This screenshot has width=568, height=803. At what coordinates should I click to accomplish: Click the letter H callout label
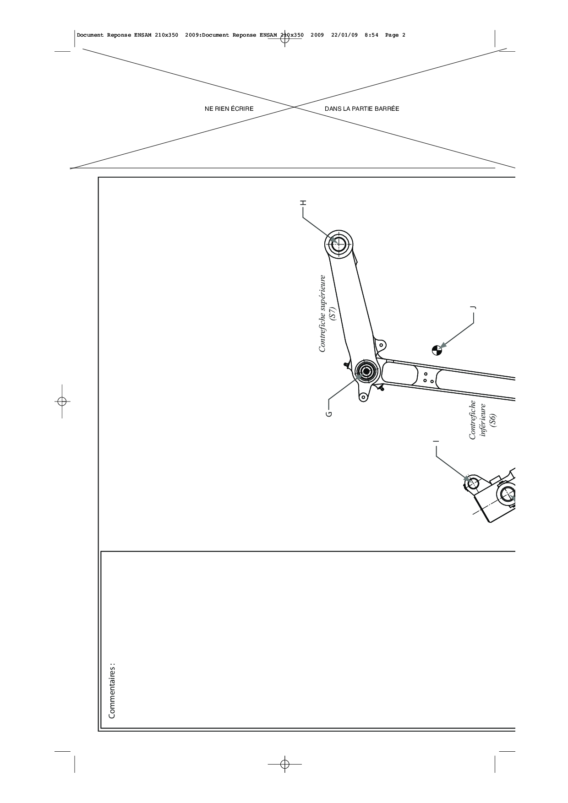302,203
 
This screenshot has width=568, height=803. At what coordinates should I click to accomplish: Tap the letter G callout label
328,414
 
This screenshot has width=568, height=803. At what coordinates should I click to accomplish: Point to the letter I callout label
436,441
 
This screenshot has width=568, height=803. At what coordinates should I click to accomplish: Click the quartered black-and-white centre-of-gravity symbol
437,350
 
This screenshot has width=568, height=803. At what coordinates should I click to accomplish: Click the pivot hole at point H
339,244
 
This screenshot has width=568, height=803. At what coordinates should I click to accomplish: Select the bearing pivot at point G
366,371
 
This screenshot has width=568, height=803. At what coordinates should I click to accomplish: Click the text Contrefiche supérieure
322,314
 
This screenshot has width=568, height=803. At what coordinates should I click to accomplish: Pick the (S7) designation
333,314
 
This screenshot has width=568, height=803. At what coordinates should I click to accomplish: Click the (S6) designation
492,420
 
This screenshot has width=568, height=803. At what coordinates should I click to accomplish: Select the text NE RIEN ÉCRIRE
229,109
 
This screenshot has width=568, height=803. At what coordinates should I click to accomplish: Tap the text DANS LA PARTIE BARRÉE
362,109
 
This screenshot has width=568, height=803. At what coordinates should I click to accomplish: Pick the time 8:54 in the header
371,35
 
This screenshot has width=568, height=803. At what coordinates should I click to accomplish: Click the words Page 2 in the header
395,35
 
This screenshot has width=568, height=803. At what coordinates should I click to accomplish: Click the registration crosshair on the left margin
62,401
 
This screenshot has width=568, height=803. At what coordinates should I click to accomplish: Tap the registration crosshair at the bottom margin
284,764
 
